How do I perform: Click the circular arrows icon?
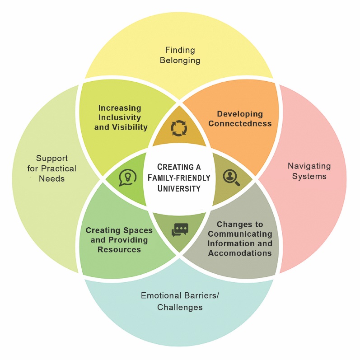(x=179, y=128)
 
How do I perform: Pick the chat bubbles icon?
(x=179, y=229)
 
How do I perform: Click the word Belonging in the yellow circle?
(x=180, y=60)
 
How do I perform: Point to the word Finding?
(x=180, y=50)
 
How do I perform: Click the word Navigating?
(x=309, y=166)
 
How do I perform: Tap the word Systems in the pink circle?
(x=309, y=176)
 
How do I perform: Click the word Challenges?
(x=180, y=308)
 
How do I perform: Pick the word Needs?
(x=51, y=178)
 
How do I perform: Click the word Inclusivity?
(x=120, y=117)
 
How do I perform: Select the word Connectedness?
(x=240, y=124)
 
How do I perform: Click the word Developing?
(x=240, y=114)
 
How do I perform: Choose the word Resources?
(x=119, y=249)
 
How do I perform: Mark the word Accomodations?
(x=240, y=253)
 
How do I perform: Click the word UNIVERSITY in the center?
(x=179, y=188)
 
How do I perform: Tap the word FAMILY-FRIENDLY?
(x=179, y=178)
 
